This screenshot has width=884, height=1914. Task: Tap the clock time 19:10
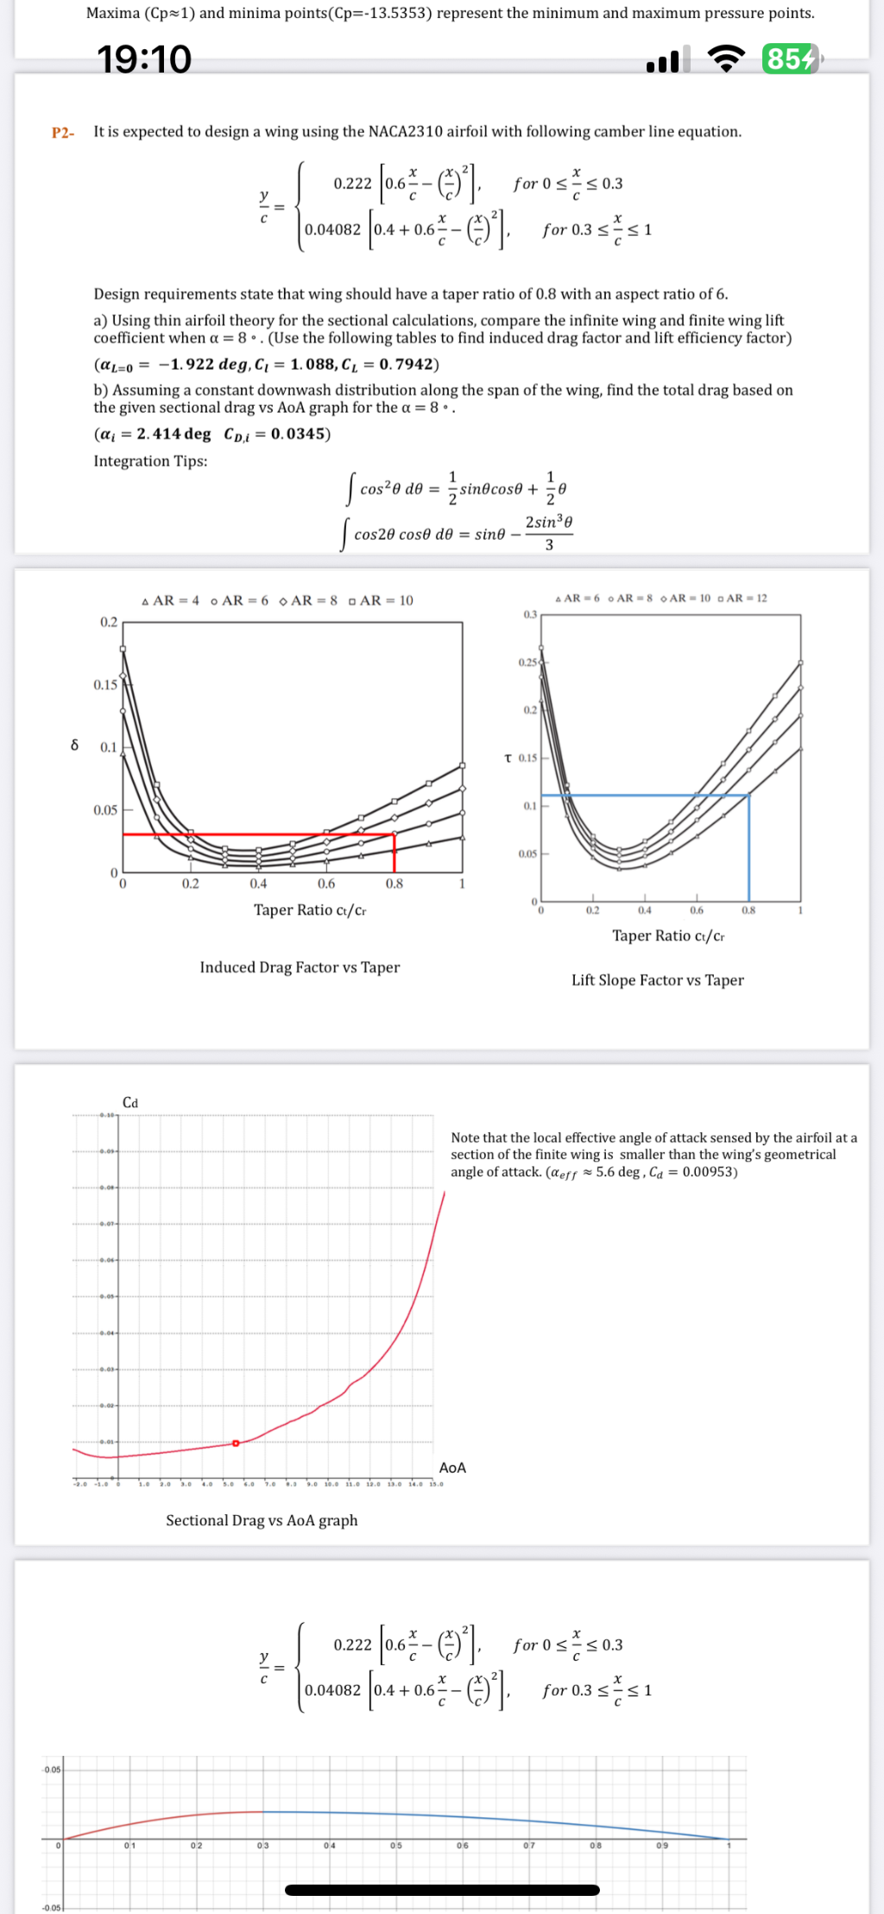coord(144,59)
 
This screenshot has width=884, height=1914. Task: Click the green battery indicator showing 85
coord(791,59)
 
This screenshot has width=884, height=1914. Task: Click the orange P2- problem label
coord(63,132)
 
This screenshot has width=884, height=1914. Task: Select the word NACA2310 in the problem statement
coord(406,131)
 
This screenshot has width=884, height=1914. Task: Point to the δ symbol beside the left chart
coord(74,745)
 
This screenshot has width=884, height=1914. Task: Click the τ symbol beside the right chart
coord(508,757)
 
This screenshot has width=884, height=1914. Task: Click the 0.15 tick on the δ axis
coord(105,685)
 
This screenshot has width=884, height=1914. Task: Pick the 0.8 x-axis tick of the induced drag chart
coord(395,884)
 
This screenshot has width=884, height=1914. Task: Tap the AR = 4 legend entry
coord(171,600)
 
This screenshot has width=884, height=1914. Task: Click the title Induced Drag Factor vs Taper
coord(300,967)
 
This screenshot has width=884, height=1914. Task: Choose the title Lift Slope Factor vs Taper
coord(657,980)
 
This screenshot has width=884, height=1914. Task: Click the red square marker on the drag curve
coord(236,1443)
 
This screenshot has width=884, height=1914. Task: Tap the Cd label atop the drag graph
coord(130,1103)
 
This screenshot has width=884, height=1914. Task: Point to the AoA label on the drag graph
coord(452,1467)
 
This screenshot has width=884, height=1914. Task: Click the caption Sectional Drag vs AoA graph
coord(262,1520)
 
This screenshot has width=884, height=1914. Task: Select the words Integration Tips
coord(150,461)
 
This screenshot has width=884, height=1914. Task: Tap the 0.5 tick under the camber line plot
coord(395,1845)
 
